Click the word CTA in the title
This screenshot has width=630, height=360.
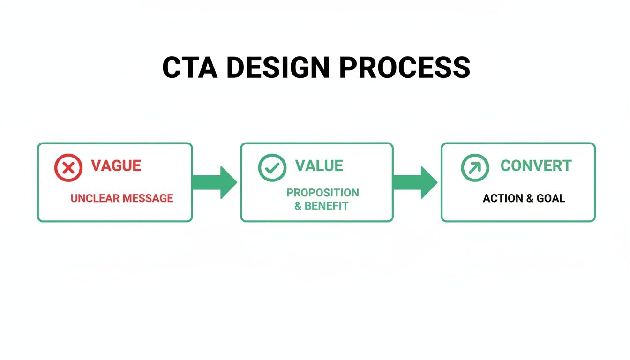point(190,67)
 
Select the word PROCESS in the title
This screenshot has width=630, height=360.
point(404,67)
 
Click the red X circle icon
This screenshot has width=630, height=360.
point(68,168)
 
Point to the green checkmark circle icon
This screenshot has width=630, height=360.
point(272,168)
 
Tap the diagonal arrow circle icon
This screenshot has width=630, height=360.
point(475,168)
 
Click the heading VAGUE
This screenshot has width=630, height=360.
point(116,166)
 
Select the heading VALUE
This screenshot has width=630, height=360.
point(319,166)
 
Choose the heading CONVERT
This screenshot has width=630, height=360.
point(536,166)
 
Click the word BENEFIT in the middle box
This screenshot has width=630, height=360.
point(327,206)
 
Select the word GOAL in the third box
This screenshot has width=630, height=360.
point(551,198)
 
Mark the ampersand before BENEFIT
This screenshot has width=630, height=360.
point(298,206)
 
